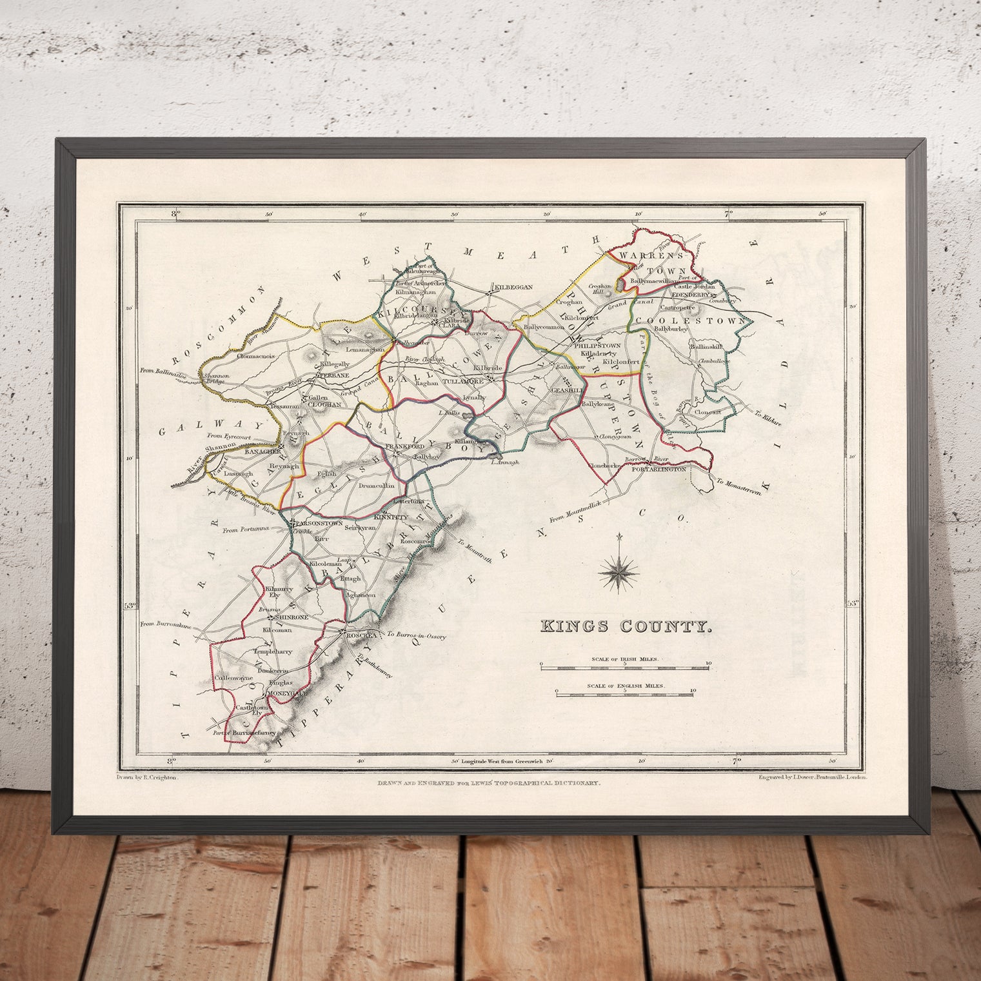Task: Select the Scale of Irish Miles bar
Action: click(x=625, y=668)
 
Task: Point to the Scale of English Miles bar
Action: click(x=625, y=694)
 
